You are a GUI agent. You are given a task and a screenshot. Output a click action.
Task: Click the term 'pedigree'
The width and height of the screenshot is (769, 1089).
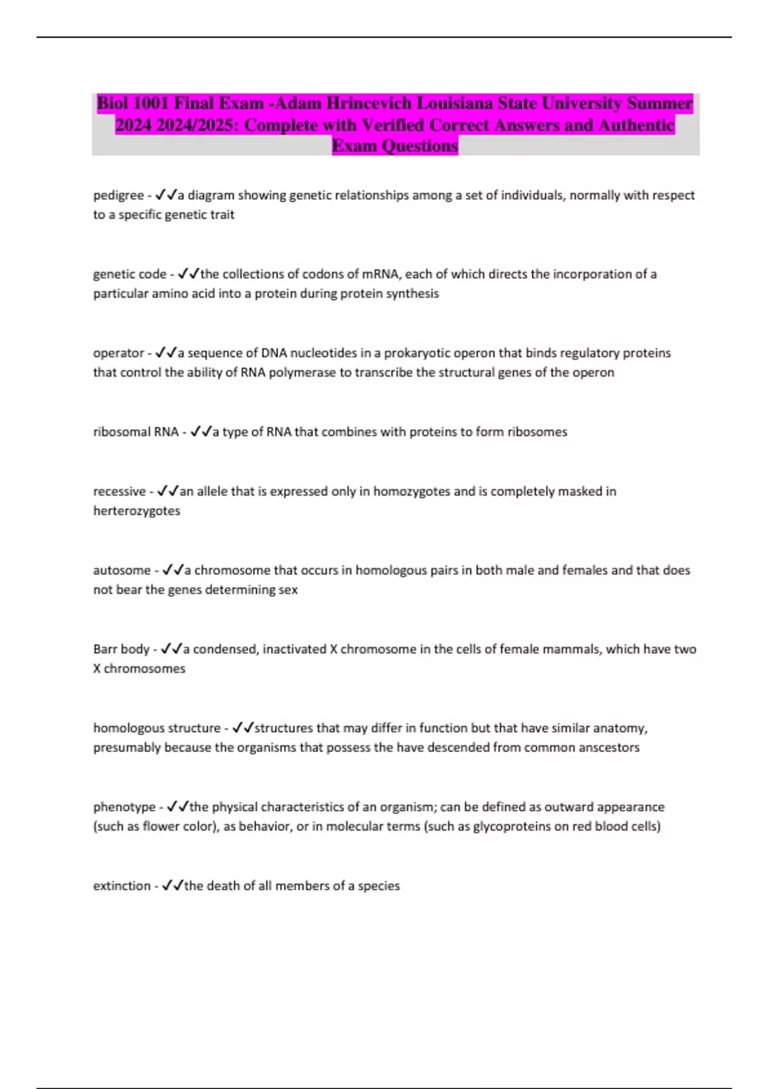pos(119,195)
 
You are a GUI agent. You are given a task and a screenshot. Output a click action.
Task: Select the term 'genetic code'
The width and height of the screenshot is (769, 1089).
pos(129,274)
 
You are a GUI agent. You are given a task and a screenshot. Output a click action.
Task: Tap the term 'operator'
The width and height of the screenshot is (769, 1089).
pos(119,353)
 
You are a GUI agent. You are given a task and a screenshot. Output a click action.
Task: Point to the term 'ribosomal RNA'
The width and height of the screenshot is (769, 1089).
pos(136,432)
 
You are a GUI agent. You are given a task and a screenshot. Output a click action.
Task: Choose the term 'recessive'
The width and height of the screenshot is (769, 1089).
pos(120,491)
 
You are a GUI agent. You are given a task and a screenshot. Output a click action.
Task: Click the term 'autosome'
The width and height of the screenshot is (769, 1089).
pos(122,570)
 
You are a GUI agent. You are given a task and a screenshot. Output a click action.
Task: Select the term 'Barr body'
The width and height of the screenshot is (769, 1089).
pos(121,649)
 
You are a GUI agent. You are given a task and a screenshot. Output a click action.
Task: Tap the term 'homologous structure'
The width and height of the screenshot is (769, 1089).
pos(157,728)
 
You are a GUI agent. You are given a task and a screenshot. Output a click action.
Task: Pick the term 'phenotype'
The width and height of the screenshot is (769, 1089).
pos(124,807)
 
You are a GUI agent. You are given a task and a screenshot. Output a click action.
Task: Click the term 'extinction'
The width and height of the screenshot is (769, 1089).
pos(122,885)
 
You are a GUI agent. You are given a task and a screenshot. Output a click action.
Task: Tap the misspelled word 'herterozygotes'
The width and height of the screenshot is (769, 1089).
pos(136,511)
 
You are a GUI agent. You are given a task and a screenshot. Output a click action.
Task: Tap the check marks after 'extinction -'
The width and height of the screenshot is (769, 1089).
pos(172,885)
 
